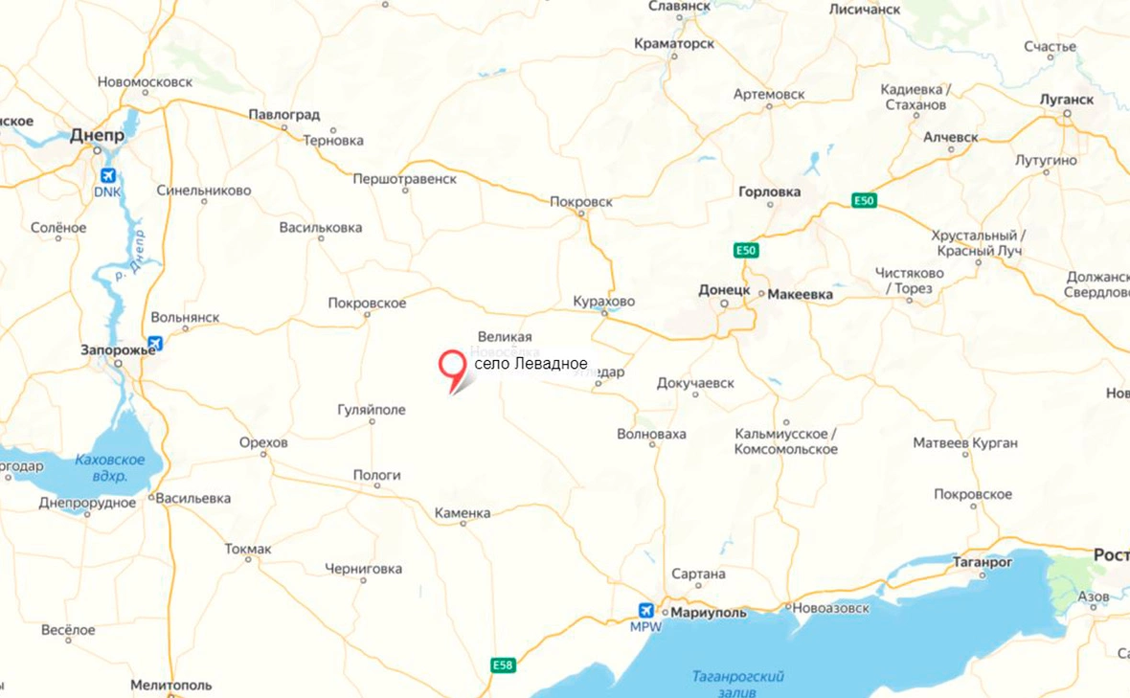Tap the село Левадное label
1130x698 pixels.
(x=531, y=365)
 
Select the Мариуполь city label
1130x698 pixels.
(x=711, y=611)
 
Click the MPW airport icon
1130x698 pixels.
(x=646, y=610)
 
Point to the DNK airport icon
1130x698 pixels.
(x=108, y=175)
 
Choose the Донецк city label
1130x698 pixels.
(x=724, y=288)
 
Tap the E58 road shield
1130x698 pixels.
(x=503, y=664)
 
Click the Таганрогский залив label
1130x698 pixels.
(x=737, y=684)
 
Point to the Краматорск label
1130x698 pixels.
(x=673, y=44)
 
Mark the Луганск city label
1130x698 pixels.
(x=1066, y=99)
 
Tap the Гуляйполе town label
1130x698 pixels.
(x=372, y=410)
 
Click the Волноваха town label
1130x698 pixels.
(x=651, y=434)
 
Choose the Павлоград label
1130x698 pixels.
(x=284, y=114)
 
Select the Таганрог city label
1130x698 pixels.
(x=983, y=562)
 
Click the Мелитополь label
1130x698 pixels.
(x=171, y=686)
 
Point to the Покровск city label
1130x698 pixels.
(x=581, y=202)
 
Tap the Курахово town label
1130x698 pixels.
(x=603, y=302)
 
